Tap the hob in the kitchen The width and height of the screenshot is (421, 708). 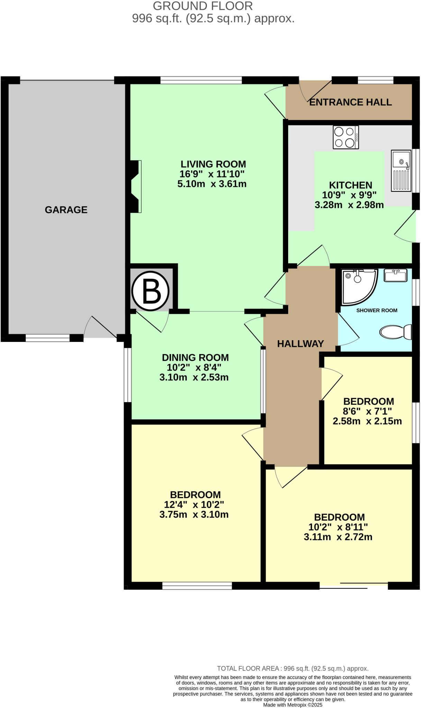[346, 137]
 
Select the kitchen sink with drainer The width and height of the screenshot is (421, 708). [401, 170]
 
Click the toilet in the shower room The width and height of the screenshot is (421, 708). [396, 332]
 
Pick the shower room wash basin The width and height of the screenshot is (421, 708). [395, 276]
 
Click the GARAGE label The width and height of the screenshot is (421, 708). [66, 210]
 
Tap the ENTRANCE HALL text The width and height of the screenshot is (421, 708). [350, 102]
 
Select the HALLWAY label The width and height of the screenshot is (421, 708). [300, 344]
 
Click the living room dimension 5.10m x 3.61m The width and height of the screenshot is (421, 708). [212, 184]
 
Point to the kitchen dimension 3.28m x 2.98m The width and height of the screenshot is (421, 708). [349, 205]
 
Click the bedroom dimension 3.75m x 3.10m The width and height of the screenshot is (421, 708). [194, 515]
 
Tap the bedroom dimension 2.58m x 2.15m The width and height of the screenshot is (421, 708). [367, 421]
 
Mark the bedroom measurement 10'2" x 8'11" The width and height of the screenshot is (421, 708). [338, 527]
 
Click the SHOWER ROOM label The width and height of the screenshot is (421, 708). [377, 310]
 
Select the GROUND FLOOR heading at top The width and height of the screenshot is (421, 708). [203, 6]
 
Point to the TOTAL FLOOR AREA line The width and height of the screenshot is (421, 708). [293, 669]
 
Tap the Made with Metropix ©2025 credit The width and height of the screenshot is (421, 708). [293, 705]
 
